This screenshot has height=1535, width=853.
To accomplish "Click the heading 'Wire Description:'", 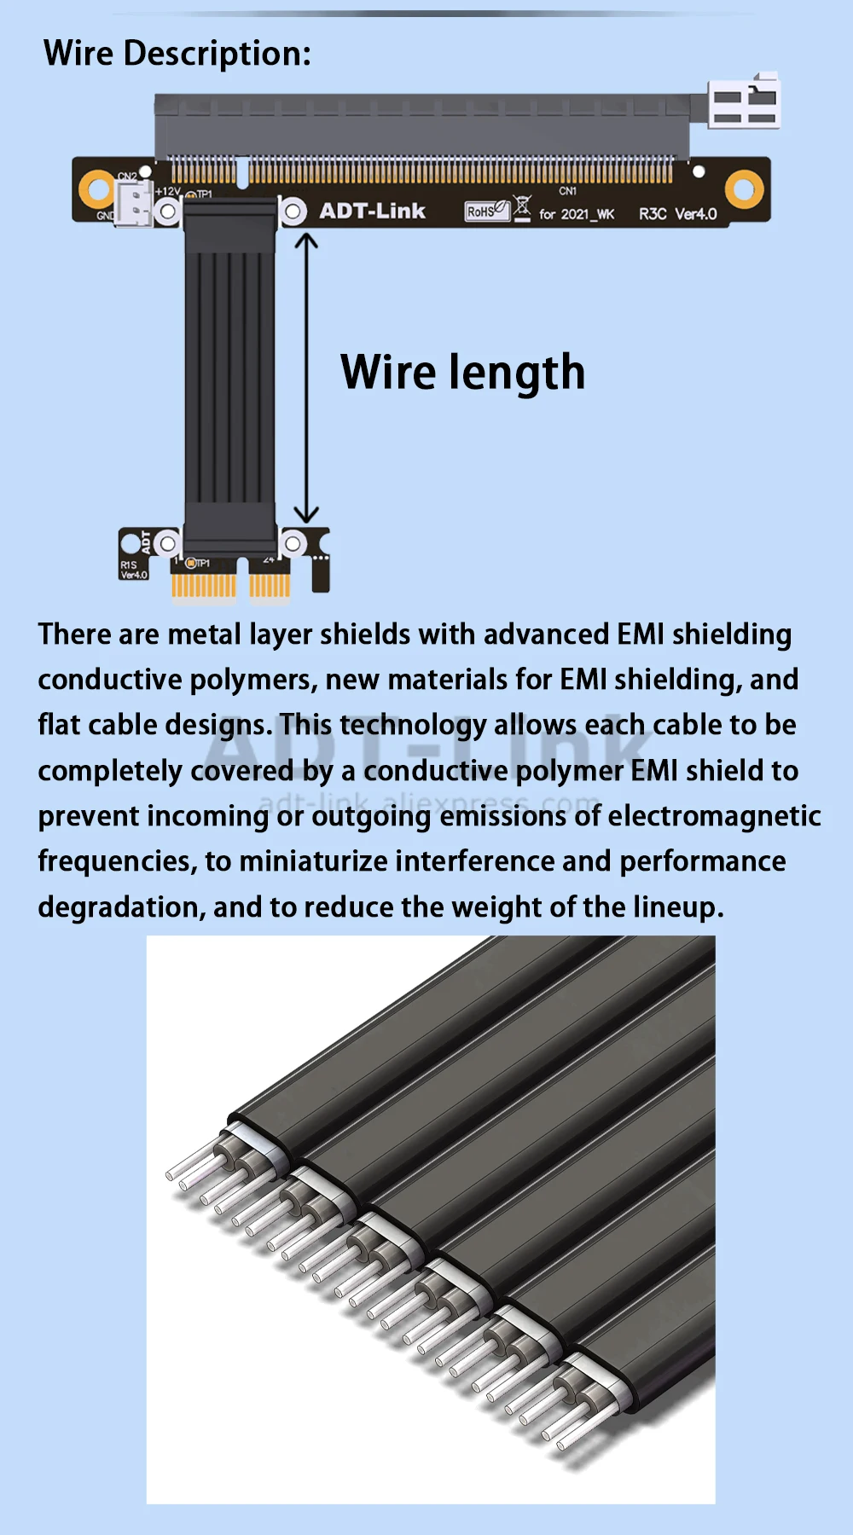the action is tap(177, 54).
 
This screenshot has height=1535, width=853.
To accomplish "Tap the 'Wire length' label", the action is tap(462, 373).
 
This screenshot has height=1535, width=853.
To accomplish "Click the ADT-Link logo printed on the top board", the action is tap(372, 211).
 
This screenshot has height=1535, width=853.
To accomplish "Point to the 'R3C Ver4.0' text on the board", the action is tap(677, 214).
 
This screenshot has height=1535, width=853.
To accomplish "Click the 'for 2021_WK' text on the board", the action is tap(577, 214).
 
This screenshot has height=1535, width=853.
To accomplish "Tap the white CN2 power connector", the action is tap(134, 204).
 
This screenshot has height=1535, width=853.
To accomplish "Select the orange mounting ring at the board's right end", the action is tap(744, 188).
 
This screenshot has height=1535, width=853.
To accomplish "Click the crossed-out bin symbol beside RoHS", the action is tap(522, 207).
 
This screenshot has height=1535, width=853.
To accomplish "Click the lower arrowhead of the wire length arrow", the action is tap(306, 514).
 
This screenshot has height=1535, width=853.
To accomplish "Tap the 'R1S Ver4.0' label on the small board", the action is tap(134, 570).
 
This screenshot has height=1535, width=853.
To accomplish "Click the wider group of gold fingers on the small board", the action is tap(203, 586).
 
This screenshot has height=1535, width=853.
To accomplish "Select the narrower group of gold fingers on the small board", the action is tap(270, 586).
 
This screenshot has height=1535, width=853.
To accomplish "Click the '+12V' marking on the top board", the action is tap(167, 192).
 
